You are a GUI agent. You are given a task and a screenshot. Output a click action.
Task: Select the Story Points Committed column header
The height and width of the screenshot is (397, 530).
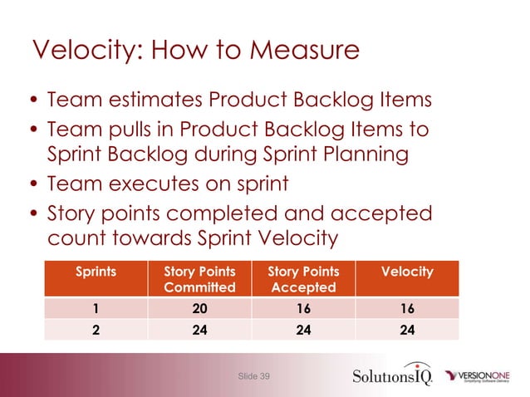[199, 280]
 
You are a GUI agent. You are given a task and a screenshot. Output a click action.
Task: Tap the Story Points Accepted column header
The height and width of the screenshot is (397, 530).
[303, 280]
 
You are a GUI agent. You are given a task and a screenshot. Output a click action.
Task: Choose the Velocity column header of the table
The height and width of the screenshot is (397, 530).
[406, 272]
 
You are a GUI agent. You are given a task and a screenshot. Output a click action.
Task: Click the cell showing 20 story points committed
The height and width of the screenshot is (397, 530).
[199, 308]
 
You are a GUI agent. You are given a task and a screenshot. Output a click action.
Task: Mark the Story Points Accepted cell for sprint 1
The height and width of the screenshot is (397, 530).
[303, 308]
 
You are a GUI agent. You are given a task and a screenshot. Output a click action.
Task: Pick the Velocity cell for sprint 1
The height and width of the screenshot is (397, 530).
[406, 308]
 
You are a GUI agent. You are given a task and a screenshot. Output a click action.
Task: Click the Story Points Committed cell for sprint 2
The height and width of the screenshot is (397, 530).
[199, 328]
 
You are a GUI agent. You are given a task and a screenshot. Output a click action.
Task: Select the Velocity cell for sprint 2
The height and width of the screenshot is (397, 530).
[406, 328]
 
